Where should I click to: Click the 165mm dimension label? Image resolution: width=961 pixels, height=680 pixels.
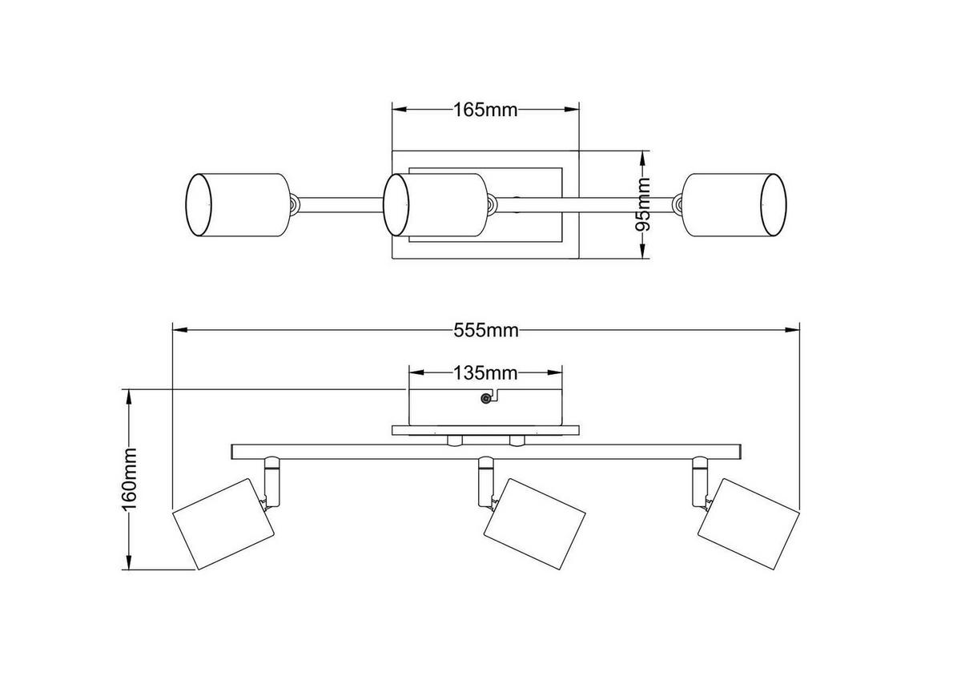pyautogui.click(x=485, y=110)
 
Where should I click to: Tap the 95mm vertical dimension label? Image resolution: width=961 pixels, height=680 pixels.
pyautogui.click(x=643, y=205)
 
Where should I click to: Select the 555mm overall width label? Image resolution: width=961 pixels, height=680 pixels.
pyautogui.click(x=486, y=329)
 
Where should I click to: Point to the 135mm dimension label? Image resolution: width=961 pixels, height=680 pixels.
pyautogui.click(x=485, y=372)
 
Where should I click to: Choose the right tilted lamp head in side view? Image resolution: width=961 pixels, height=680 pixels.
pyautogui.click(x=748, y=522)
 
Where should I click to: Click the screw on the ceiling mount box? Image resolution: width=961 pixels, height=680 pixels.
pyautogui.click(x=484, y=399)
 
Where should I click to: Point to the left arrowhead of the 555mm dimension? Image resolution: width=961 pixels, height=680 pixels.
pyautogui.click(x=179, y=329)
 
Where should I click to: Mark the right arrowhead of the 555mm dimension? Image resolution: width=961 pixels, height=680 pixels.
pyautogui.click(x=794, y=329)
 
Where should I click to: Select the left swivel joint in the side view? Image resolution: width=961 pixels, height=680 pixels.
pyautogui.click(x=270, y=481)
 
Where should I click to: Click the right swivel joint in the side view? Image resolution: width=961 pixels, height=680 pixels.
pyautogui.click(x=700, y=481)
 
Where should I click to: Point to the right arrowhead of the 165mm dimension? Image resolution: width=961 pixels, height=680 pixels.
pyautogui.click(x=572, y=110)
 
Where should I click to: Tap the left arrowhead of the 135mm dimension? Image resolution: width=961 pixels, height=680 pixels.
pyautogui.click(x=416, y=372)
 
